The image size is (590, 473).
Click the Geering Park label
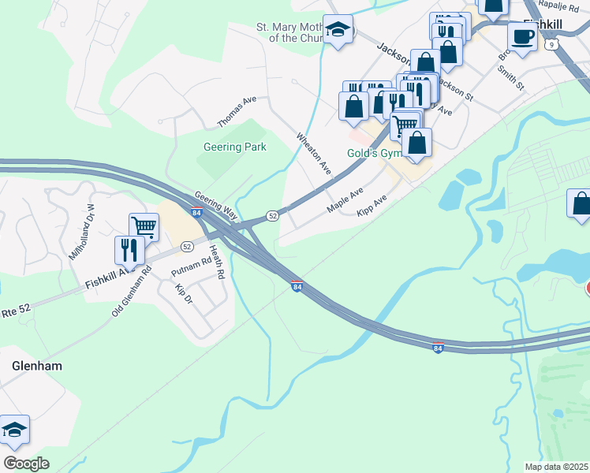pyautogui.click(x=234, y=147)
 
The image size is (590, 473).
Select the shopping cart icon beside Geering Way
pyautogui.click(x=144, y=227)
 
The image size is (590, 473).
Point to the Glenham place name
pyautogui.click(x=37, y=367)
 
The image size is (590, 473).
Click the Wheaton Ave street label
pyautogui.click(x=313, y=153)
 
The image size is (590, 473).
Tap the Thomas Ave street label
pyautogui.click(x=237, y=113)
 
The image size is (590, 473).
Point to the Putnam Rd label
pyautogui.click(x=192, y=266)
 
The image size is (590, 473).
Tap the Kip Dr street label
pyautogui.click(x=184, y=294)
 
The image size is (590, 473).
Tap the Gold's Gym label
pyautogui.click(x=375, y=152)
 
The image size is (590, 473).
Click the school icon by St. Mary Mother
pyautogui.click(x=338, y=30)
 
